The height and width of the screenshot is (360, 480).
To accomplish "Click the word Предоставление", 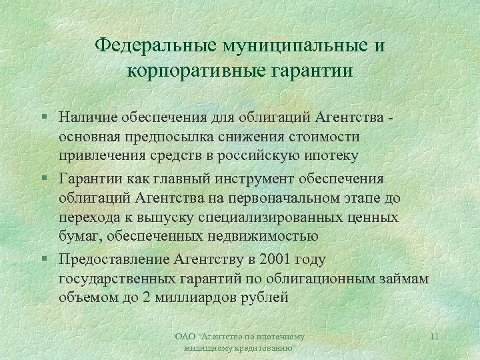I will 113,259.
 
